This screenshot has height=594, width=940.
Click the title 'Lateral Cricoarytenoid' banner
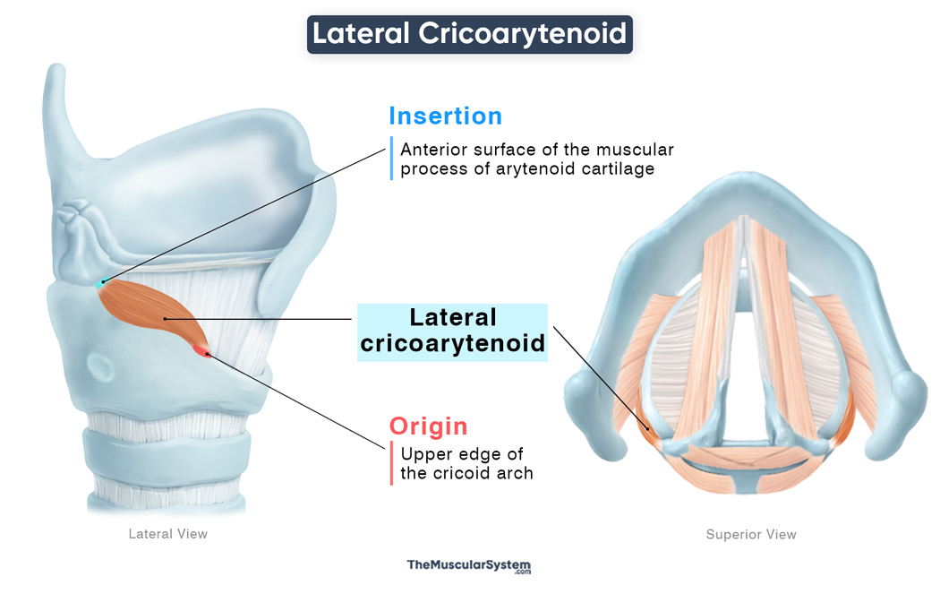pos(469,34)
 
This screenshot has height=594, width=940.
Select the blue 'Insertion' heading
pos(445,116)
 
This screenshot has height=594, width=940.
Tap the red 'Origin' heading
pos(428,426)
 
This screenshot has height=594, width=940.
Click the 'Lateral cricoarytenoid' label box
pos(452,331)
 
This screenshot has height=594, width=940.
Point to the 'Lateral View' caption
pos(168,534)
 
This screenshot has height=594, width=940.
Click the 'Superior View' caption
pos(751,535)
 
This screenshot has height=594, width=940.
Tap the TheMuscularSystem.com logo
pos(469,566)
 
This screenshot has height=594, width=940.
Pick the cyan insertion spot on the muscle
pos(101,284)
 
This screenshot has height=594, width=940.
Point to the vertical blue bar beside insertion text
pos(391,159)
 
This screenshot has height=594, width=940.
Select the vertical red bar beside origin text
pos(391,463)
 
